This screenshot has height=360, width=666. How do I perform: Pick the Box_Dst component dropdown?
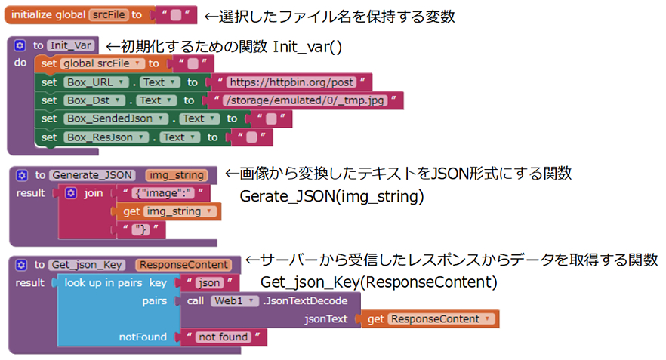coord(95,100)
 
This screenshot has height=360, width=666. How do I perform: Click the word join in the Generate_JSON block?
coord(94,193)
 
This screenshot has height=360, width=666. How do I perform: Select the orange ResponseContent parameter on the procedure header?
coord(183,265)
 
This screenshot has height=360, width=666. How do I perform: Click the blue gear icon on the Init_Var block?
coord(20,45)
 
